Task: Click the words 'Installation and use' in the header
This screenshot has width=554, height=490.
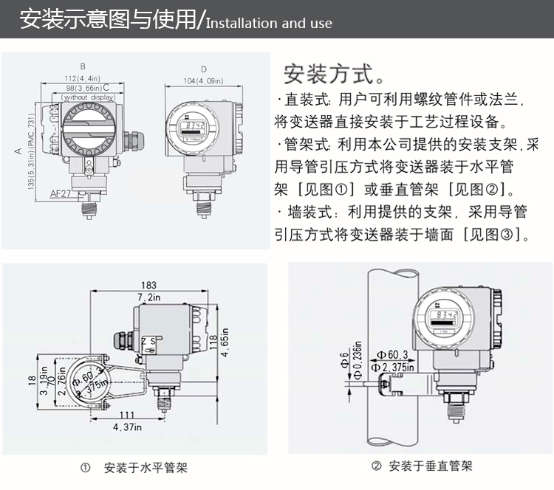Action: pyautogui.click(x=269, y=23)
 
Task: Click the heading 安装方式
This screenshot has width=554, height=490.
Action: pyautogui.click(x=333, y=75)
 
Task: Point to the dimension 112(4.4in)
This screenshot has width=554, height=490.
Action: pyautogui.click(x=82, y=77)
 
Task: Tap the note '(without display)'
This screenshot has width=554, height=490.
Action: pyautogui.click(x=89, y=97)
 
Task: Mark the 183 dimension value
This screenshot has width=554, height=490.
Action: pyautogui.click(x=148, y=285)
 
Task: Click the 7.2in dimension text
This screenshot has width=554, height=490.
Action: pyautogui.click(x=148, y=297)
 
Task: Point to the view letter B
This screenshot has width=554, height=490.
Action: pyautogui.click(x=83, y=66)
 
